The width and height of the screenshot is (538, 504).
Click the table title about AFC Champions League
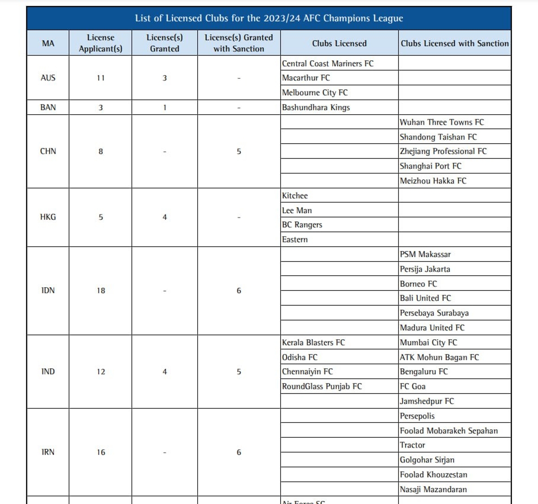point(269,18)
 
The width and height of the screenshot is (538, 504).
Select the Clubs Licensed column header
point(339,43)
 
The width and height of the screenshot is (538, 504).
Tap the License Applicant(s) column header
point(100,43)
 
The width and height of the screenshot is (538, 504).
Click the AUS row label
point(48,78)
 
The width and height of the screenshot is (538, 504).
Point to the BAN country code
point(48,108)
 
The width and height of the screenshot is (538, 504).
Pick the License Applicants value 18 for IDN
point(101,291)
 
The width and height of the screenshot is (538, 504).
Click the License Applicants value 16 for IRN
point(101,452)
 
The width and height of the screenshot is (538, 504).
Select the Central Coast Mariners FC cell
point(328,64)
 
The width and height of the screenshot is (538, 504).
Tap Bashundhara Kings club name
point(316,108)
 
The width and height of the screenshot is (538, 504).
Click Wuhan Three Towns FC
point(442,122)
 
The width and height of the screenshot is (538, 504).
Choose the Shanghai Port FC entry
point(430,166)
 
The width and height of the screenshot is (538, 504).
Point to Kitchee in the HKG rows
point(295,196)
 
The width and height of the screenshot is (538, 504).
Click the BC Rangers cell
point(302,225)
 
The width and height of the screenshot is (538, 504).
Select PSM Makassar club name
point(425,254)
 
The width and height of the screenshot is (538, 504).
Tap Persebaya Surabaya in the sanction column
point(434,313)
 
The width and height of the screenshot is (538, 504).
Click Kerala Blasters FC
point(313,343)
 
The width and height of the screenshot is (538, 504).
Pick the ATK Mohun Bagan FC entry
point(439,358)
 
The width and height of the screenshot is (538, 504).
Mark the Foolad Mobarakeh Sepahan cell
point(449,431)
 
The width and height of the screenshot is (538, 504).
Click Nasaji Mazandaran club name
point(433,490)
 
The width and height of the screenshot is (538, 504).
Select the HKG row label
point(48,217)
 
